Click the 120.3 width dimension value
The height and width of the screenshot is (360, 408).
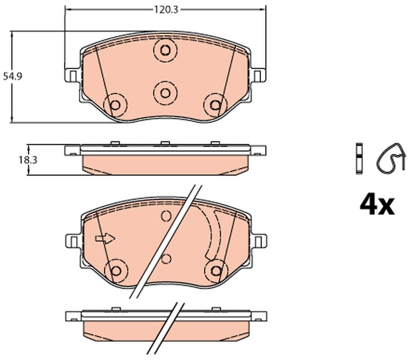pos(166,10)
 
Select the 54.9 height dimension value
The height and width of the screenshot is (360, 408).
pos(12,76)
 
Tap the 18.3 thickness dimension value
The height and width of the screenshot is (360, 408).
pos(28,160)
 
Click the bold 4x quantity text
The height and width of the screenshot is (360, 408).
pos(377,206)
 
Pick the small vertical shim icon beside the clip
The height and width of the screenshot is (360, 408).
pos(359,158)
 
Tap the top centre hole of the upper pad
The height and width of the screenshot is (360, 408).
pos(165,50)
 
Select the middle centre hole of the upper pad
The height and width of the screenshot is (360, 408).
pos(165,93)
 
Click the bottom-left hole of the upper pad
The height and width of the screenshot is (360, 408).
pos(115,105)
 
